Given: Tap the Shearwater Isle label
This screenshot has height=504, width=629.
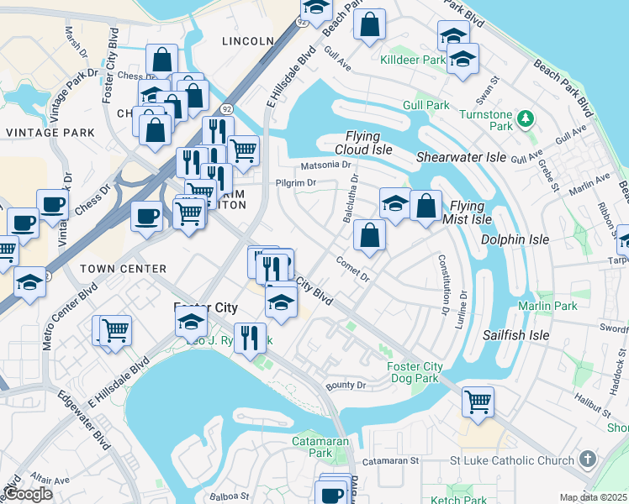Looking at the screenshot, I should click(462, 157).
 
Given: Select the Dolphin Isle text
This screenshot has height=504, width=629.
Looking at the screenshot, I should click(515, 239).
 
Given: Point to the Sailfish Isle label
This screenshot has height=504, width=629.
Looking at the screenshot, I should click(515, 335).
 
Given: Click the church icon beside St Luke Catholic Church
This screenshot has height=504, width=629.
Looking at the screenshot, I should click(587, 459).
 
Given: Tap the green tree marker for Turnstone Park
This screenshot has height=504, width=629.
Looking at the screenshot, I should click(526, 117).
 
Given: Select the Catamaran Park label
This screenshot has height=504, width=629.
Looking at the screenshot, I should click(313, 446).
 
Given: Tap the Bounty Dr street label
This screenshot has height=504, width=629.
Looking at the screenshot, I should click(346, 386).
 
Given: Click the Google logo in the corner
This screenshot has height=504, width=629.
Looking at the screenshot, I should click(28, 494).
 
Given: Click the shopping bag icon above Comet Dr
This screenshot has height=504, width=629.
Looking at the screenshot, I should click(369, 236).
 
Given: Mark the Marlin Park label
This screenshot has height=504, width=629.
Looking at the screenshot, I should click(547, 306).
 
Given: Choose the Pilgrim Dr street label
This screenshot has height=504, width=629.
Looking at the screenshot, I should click(294, 182).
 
